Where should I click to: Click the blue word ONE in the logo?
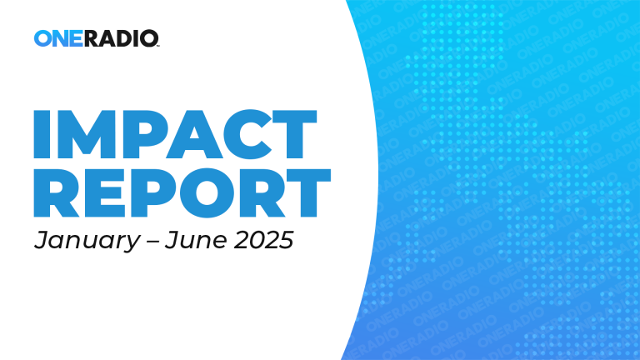pyautogui.click(x=58, y=38)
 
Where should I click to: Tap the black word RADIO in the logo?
pyautogui.click(x=121, y=38)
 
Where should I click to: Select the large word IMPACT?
pyautogui.click(x=175, y=134)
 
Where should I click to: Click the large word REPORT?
pyautogui.click(x=182, y=192)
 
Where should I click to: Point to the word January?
pyautogui.click(x=87, y=240)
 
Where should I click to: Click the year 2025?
pyautogui.click(x=263, y=240)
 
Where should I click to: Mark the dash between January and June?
pyautogui.click(x=152, y=241)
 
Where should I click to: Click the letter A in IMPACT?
pyautogui.click(x=194, y=134)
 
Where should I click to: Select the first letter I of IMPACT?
pyautogui.click(x=42, y=134)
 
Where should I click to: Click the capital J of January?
pyautogui.click(x=41, y=240)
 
